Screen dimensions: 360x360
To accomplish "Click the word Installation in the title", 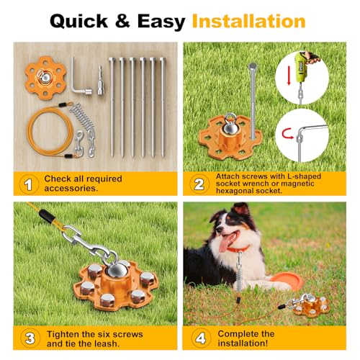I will [248, 21].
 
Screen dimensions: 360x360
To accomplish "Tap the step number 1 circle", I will [29, 184].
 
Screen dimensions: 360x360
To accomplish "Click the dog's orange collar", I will [241, 250].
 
